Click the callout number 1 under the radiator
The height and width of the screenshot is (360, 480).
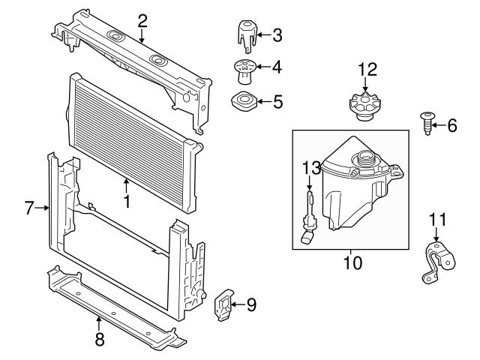127,201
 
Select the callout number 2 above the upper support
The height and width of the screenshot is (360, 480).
142,20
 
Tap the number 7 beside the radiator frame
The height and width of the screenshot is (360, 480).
29,208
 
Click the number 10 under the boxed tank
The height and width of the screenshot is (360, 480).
352,263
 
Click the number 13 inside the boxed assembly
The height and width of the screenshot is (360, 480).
310,166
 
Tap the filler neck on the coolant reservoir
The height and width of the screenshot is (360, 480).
365,160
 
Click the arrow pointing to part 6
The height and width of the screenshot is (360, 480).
439,126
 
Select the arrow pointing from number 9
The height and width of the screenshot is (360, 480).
238,304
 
